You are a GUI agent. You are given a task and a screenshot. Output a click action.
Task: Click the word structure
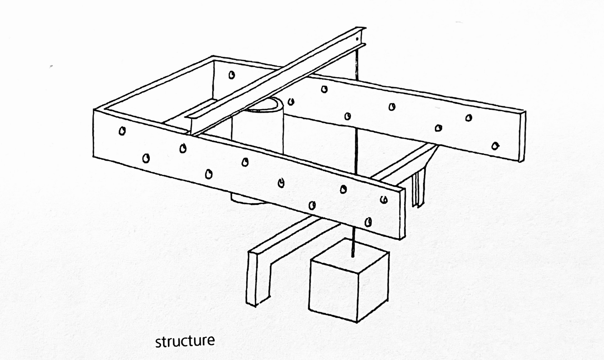tap(185, 341)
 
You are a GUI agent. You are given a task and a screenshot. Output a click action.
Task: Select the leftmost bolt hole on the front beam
tap(121, 131)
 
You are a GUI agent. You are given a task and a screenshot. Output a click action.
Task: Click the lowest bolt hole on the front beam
tap(368, 222)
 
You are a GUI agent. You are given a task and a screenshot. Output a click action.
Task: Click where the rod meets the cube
tap(352, 257)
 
